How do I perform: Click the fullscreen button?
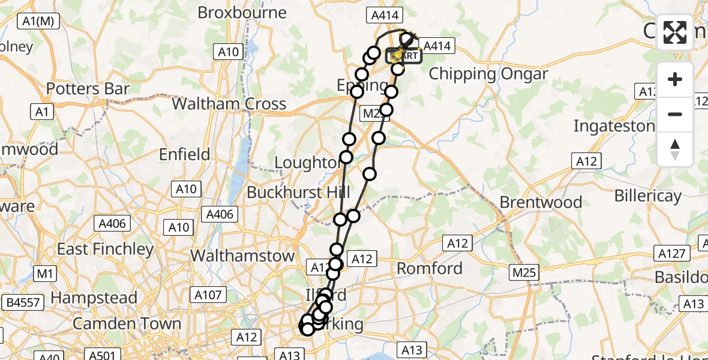(x=675, y=32)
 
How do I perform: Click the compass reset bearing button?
(x=675, y=149)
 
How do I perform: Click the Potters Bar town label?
(x=88, y=89)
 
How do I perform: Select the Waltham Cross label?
(x=229, y=104)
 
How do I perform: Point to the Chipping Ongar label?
(x=488, y=74)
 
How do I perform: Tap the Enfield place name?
(x=185, y=154)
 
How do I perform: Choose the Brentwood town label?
(x=541, y=202)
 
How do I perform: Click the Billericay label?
(x=648, y=196)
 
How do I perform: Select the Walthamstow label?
(x=242, y=256)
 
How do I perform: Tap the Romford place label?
(x=430, y=268)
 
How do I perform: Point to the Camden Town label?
(x=127, y=324)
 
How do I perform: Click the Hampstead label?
(x=95, y=298)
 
